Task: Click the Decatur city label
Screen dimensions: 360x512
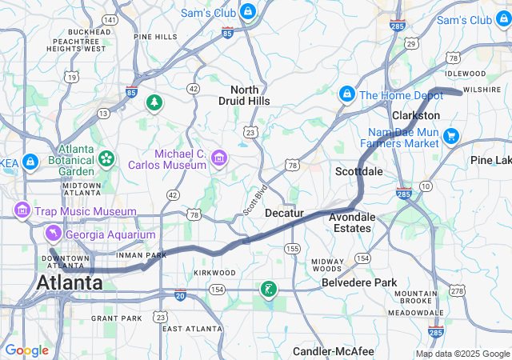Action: (x=285, y=214)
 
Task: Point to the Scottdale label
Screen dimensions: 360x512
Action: (x=358, y=171)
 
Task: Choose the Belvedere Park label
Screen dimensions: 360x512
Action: (x=359, y=282)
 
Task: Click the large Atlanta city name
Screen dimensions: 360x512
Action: (x=68, y=283)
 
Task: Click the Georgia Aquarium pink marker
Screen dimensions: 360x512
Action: (x=53, y=234)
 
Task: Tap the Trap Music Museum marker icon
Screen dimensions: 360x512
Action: (x=22, y=210)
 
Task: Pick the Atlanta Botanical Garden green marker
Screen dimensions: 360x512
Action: (x=106, y=158)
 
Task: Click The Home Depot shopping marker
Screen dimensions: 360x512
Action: (x=347, y=94)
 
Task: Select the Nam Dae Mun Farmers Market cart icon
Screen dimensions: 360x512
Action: (x=451, y=136)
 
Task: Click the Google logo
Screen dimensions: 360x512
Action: (x=26, y=350)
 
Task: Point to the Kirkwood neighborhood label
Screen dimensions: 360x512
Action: (x=214, y=273)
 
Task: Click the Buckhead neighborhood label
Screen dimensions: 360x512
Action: (x=89, y=32)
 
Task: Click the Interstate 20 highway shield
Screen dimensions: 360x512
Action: (x=179, y=295)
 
